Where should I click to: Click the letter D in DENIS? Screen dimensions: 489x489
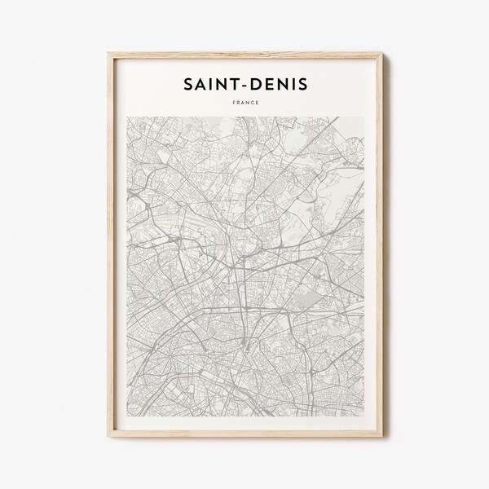256,84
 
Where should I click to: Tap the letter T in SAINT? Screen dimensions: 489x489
231,84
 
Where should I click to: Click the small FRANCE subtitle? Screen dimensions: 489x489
244,104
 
